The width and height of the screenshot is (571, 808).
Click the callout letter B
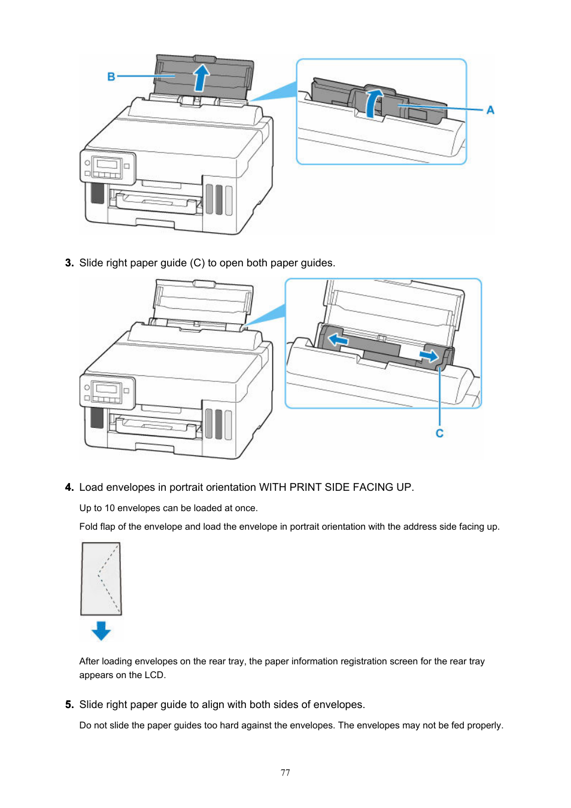tap(111, 77)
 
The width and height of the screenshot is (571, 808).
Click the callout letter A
tap(490, 110)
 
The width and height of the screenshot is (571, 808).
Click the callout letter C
tap(439, 433)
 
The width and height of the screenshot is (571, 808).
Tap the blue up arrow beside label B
tap(202, 77)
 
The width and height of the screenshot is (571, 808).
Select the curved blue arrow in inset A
tap(373, 102)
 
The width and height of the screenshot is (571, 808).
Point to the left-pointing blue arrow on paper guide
tap(338, 340)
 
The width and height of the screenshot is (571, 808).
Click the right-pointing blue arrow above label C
tap(429, 356)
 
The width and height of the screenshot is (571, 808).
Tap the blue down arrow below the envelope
tap(101, 630)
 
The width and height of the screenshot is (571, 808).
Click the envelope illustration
tap(101, 578)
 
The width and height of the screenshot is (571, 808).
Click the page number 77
tap(285, 773)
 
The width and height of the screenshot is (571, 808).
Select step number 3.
tap(69, 263)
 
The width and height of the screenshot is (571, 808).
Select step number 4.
tap(69, 487)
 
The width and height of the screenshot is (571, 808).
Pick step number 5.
tap(69, 704)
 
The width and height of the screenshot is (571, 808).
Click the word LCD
tap(154, 675)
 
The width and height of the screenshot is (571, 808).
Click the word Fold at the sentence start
tap(89, 527)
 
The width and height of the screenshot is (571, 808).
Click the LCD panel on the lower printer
tap(107, 390)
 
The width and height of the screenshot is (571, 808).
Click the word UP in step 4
tap(403, 487)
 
